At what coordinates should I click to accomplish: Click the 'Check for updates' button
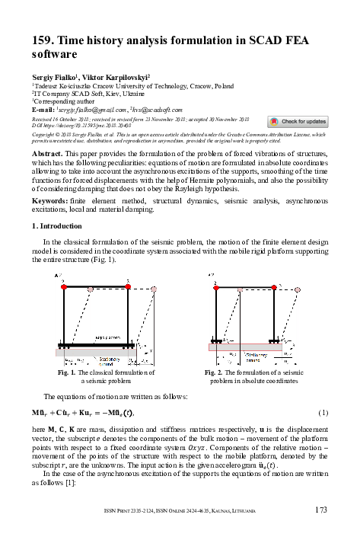click(x=298, y=121)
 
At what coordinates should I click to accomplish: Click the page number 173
click(x=321, y=510)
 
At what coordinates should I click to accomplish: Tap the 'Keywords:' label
click(x=49, y=200)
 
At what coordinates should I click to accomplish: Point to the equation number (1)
click(x=323, y=412)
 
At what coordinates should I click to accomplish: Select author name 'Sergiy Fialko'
click(x=57, y=78)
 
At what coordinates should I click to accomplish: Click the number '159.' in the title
click(x=45, y=41)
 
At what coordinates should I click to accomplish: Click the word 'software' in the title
click(x=54, y=55)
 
